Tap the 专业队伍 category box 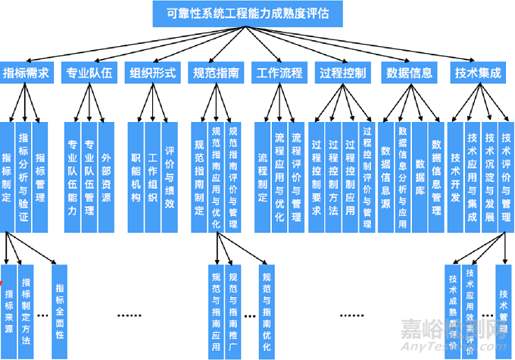tap(89, 74)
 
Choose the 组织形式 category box tap(152, 74)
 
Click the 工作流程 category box tap(279, 74)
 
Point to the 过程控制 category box tap(342, 74)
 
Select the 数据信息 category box tap(410, 74)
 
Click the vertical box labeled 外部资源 tap(106, 177)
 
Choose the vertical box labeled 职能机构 tap(136, 177)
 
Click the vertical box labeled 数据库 tap(419, 177)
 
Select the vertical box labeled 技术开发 tap(455, 177)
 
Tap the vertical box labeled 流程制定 tap(263, 177)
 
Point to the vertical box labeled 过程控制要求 tap(316, 177)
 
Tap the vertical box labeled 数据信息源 tap(385, 177)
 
